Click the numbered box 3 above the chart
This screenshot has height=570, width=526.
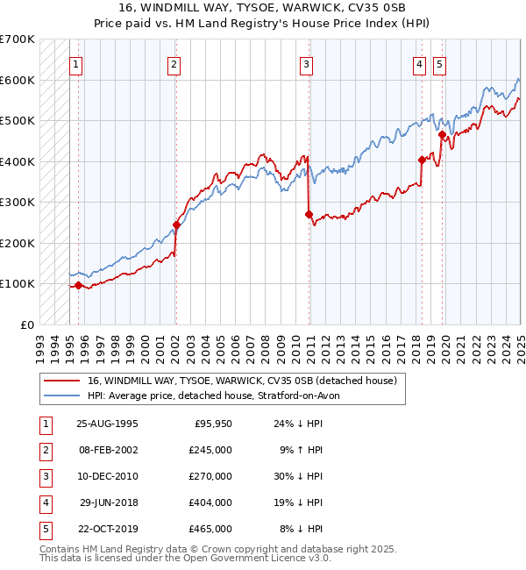[x=307, y=63]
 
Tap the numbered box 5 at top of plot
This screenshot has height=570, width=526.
[x=438, y=63]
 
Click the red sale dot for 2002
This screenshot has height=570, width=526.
[x=176, y=224]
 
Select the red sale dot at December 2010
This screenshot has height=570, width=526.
[x=309, y=214]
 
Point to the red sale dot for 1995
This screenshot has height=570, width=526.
[x=79, y=285]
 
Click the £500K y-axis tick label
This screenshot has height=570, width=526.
[x=18, y=120]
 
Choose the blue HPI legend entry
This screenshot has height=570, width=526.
[x=218, y=395]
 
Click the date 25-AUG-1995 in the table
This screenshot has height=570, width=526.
[x=107, y=424]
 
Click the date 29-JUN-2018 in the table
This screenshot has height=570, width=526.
[x=107, y=502]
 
